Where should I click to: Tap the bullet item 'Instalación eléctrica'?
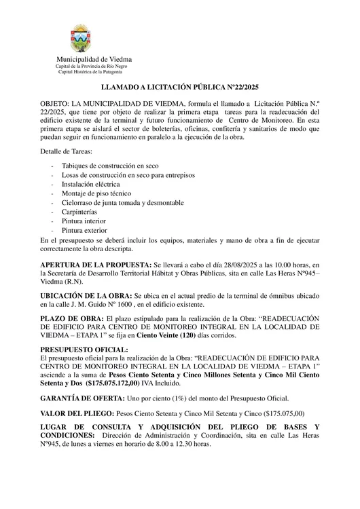90,184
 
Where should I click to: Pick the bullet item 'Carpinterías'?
79,212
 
